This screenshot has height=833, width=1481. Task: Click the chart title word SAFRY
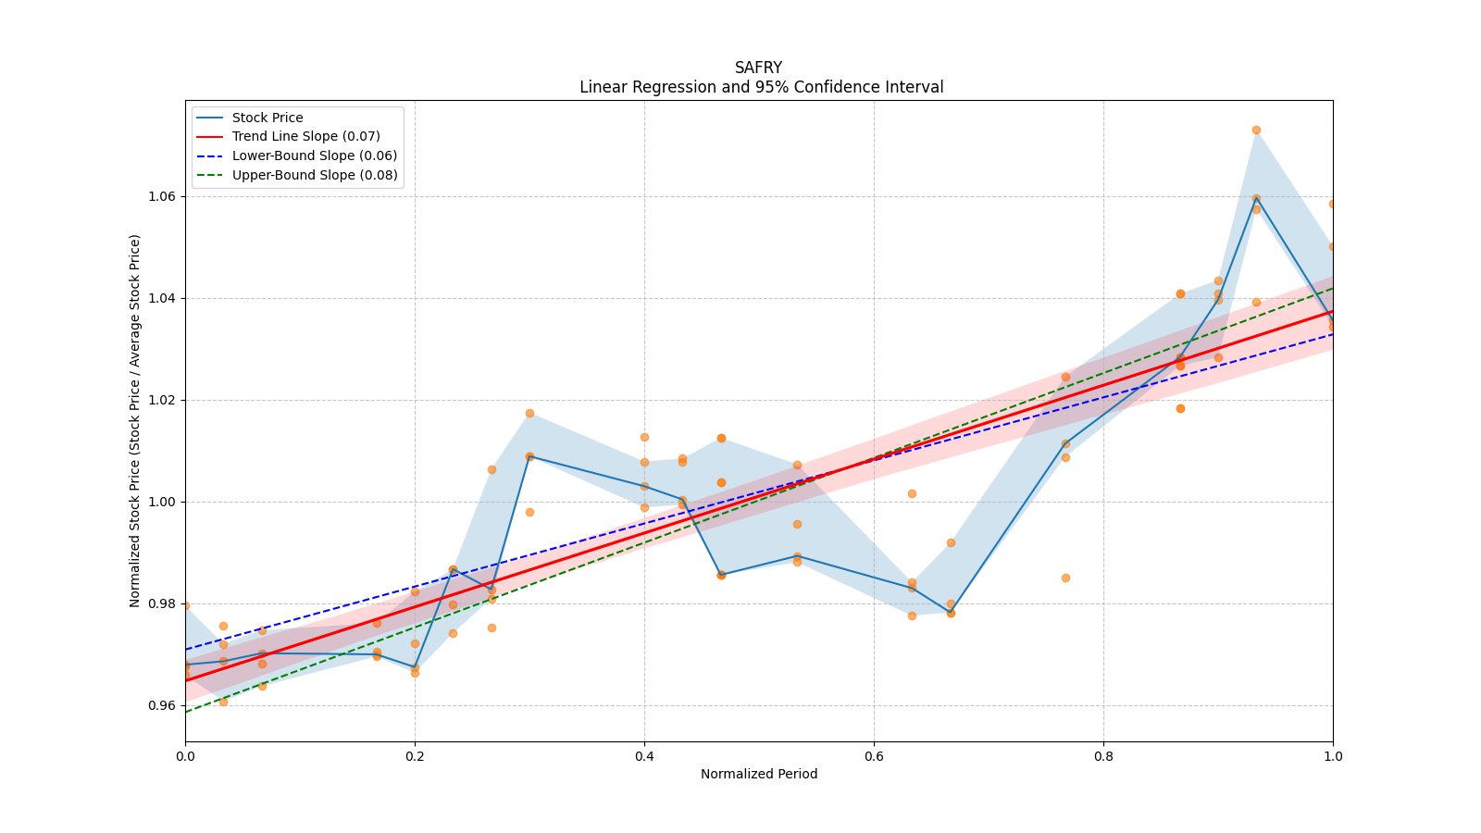pyautogui.click(x=758, y=68)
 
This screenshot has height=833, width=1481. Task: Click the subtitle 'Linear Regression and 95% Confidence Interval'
pyautogui.click(x=761, y=87)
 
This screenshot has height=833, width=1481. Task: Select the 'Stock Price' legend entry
pyautogui.click(x=268, y=118)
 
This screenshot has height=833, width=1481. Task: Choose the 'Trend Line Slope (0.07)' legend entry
pyautogui.click(x=305, y=137)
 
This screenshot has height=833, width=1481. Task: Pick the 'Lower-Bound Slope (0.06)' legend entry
pyautogui.click(x=314, y=155)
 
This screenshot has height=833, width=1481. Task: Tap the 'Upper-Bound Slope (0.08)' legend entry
pyautogui.click(x=315, y=175)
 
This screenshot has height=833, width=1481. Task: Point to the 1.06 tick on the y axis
pyautogui.click(x=163, y=196)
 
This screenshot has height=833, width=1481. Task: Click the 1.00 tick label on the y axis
pyautogui.click(x=163, y=502)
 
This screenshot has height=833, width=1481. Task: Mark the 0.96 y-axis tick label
pyautogui.click(x=163, y=705)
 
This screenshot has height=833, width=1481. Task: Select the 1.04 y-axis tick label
pyautogui.click(x=163, y=298)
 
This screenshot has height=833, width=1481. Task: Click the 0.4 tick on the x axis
pyautogui.click(x=644, y=755)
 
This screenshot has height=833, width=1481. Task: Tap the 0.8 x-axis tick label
pyautogui.click(x=1103, y=755)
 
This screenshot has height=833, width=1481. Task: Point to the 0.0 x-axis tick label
pyautogui.click(x=185, y=755)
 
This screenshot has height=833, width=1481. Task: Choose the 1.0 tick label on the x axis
pyautogui.click(x=1333, y=755)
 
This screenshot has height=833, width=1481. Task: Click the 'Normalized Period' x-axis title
pyautogui.click(x=759, y=774)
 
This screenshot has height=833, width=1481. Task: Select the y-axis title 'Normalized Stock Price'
pyautogui.click(x=135, y=421)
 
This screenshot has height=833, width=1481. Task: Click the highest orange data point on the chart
pyautogui.click(x=1256, y=130)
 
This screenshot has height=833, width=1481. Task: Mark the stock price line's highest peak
pyautogui.click(x=1256, y=199)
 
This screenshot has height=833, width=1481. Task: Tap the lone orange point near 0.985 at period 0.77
pyautogui.click(x=1065, y=578)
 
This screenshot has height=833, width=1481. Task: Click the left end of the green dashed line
pyautogui.click(x=186, y=711)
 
